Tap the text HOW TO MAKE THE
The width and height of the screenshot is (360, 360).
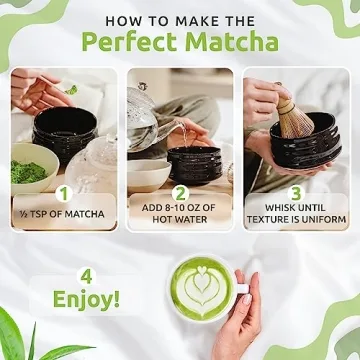pos(180,19)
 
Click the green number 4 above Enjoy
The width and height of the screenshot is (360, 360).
pos(87,275)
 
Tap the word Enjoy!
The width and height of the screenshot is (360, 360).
pos(87,299)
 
